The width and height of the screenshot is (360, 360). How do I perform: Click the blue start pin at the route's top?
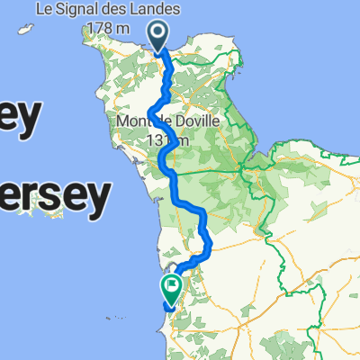point(158,36)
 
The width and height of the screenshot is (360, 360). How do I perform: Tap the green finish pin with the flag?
point(171,287)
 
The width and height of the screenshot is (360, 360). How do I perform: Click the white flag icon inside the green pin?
point(172,285)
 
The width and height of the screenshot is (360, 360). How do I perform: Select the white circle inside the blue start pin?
point(158,33)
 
